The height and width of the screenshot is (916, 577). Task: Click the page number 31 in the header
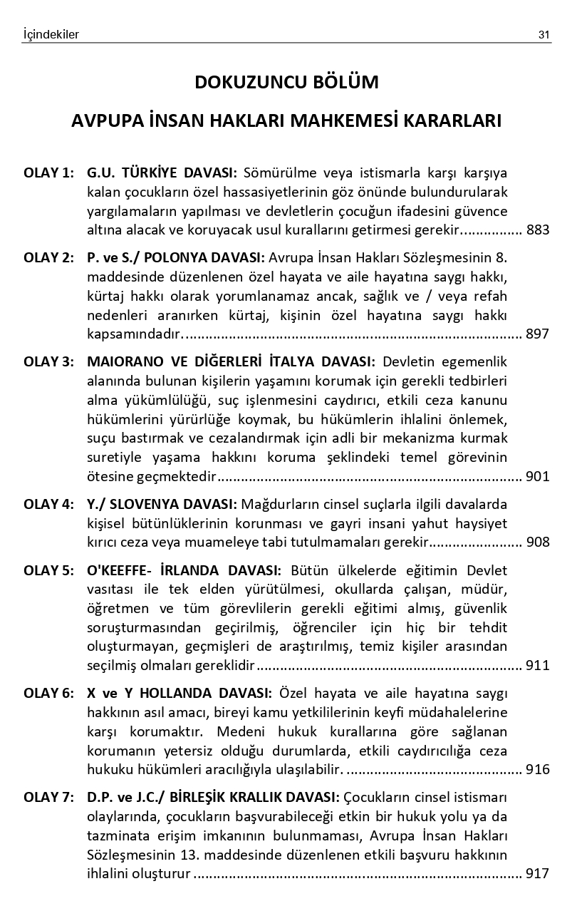point(545,34)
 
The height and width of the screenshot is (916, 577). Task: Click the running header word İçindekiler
point(51,34)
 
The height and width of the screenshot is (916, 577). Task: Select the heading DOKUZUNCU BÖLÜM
point(286,83)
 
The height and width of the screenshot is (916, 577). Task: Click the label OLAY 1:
point(48,173)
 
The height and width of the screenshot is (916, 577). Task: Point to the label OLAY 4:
point(48,505)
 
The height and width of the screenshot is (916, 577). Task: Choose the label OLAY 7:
point(48,797)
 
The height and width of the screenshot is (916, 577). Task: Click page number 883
point(538,230)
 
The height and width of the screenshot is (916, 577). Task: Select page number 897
point(538,334)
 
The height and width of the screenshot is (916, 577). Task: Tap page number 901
point(538,476)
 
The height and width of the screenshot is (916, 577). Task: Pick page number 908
point(538,542)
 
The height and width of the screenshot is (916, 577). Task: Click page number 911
point(538,666)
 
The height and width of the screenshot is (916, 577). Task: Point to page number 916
point(538,769)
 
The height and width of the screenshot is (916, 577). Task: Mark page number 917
point(538,873)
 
